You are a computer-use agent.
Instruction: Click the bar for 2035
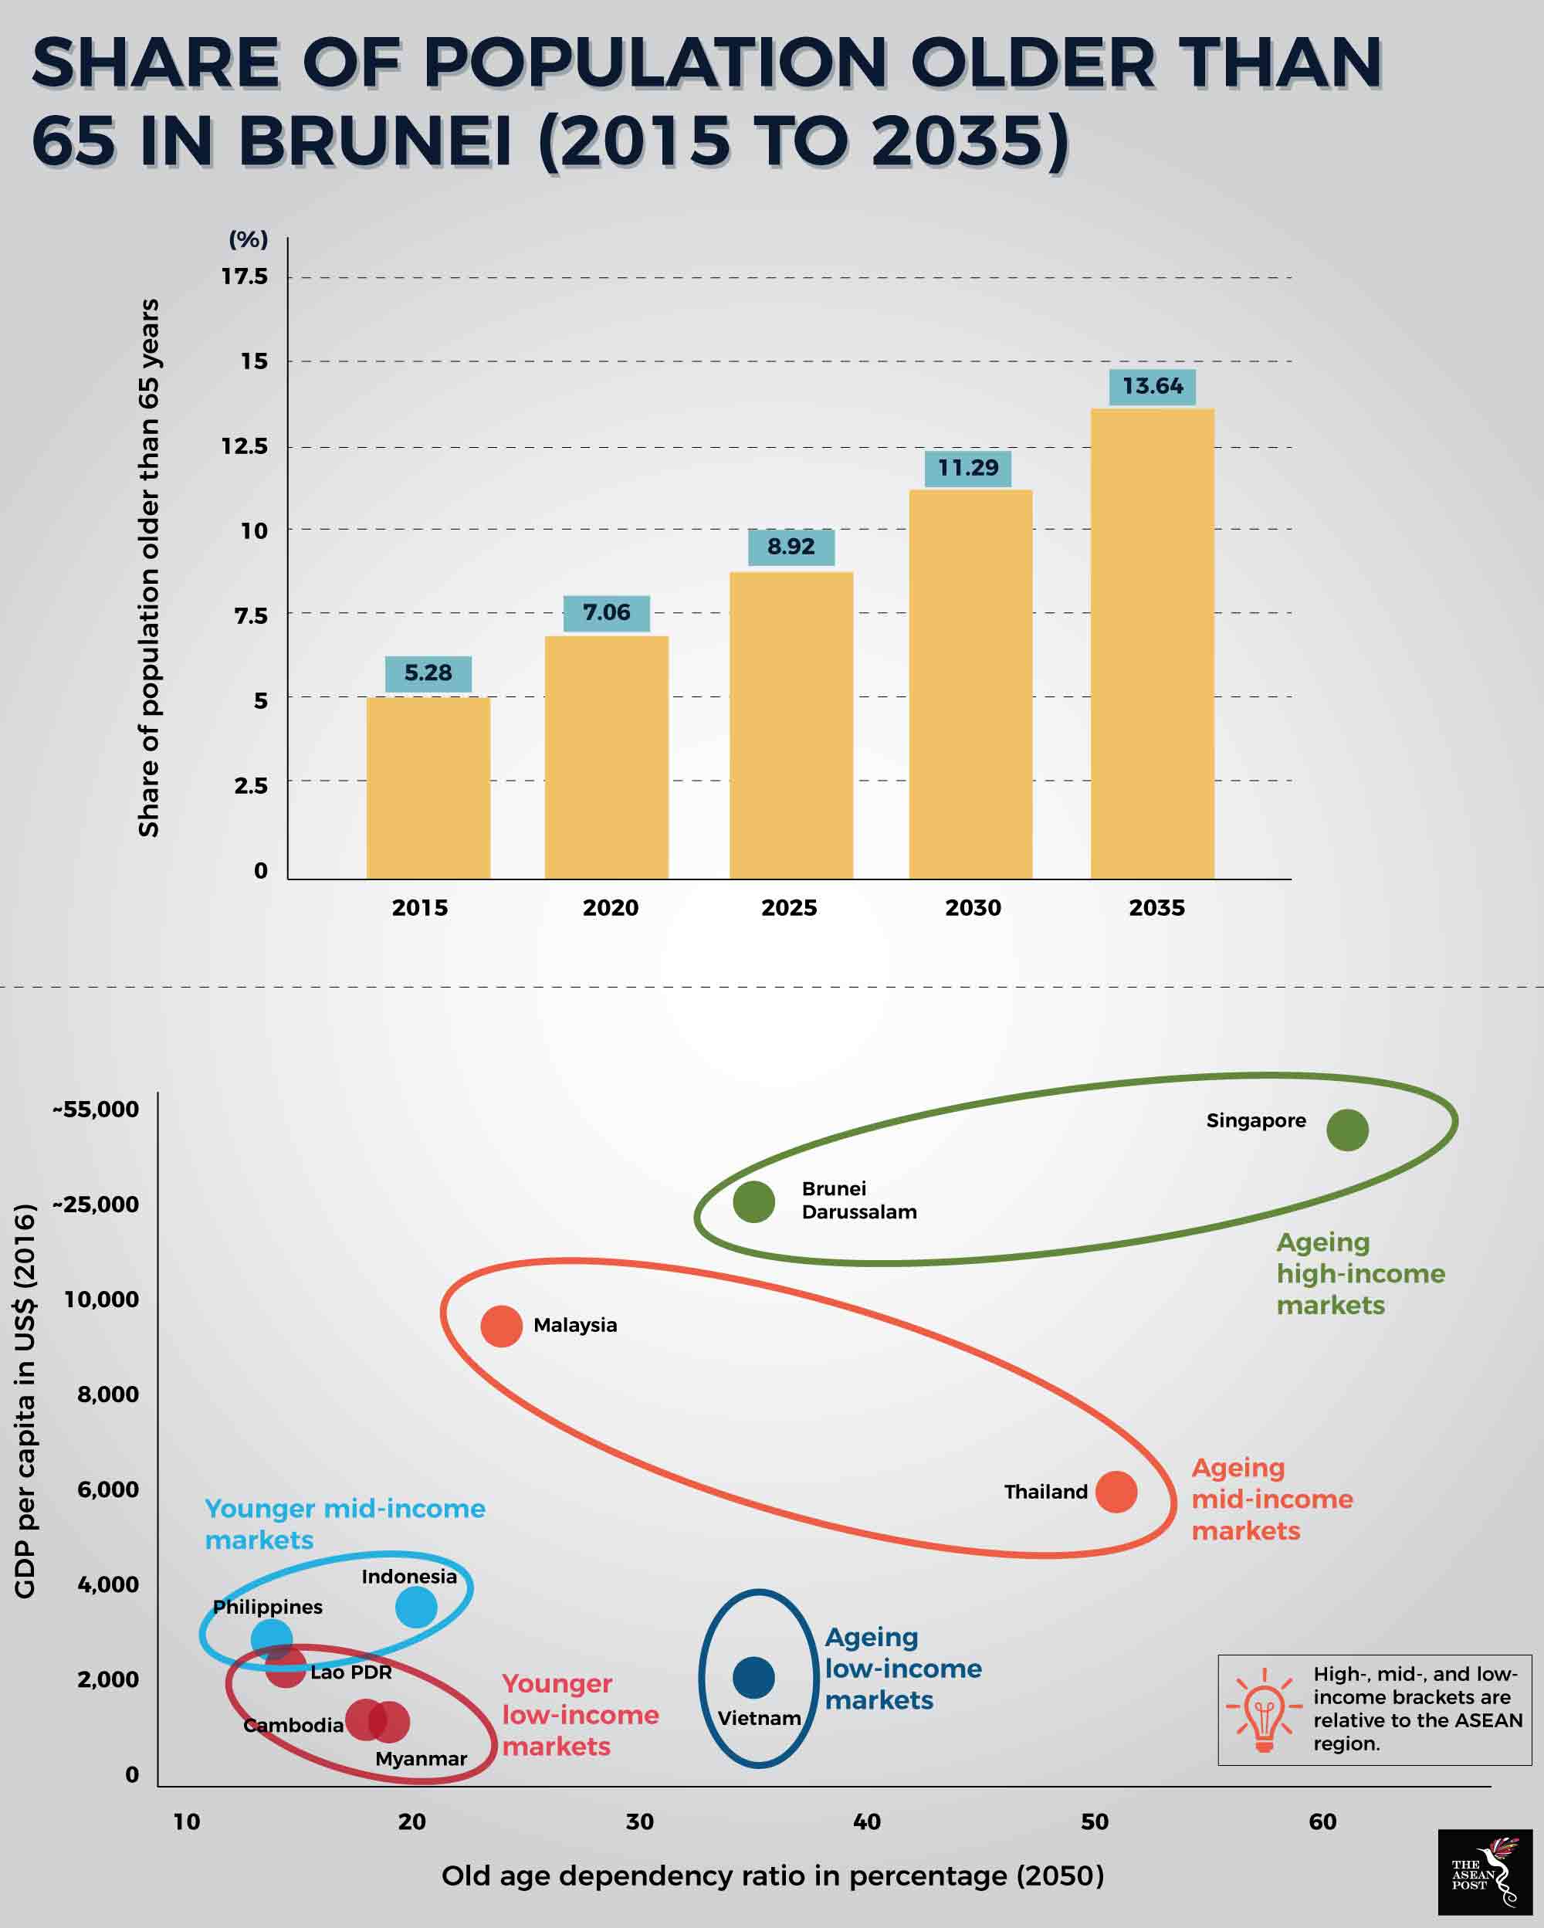[x=1152, y=644]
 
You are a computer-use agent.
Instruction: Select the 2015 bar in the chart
[x=428, y=787]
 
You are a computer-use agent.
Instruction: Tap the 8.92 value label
[x=791, y=547]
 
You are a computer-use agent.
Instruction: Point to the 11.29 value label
[x=968, y=468]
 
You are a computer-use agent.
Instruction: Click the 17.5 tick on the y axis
[x=245, y=276]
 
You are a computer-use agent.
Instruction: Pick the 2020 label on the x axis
[x=611, y=908]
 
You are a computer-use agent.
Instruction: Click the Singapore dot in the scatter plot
[x=1347, y=1130]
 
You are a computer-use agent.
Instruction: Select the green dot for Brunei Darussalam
[x=753, y=1202]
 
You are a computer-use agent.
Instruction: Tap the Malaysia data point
[x=502, y=1325]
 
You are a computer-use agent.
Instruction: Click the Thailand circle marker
[x=1116, y=1492]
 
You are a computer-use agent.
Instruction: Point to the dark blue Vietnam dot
[x=753, y=1677]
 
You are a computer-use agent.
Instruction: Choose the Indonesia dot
[x=416, y=1607]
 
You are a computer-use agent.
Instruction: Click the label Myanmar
[x=421, y=1759]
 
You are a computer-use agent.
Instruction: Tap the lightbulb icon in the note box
[x=1263, y=1709]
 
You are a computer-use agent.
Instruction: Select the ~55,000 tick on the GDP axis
[x=96, y=1110]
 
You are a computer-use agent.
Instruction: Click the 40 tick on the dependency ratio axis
[x=866, y=1821]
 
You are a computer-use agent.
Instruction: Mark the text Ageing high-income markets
[x=1359, y=1273]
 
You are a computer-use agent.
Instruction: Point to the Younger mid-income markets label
[x=344, y=1524]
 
